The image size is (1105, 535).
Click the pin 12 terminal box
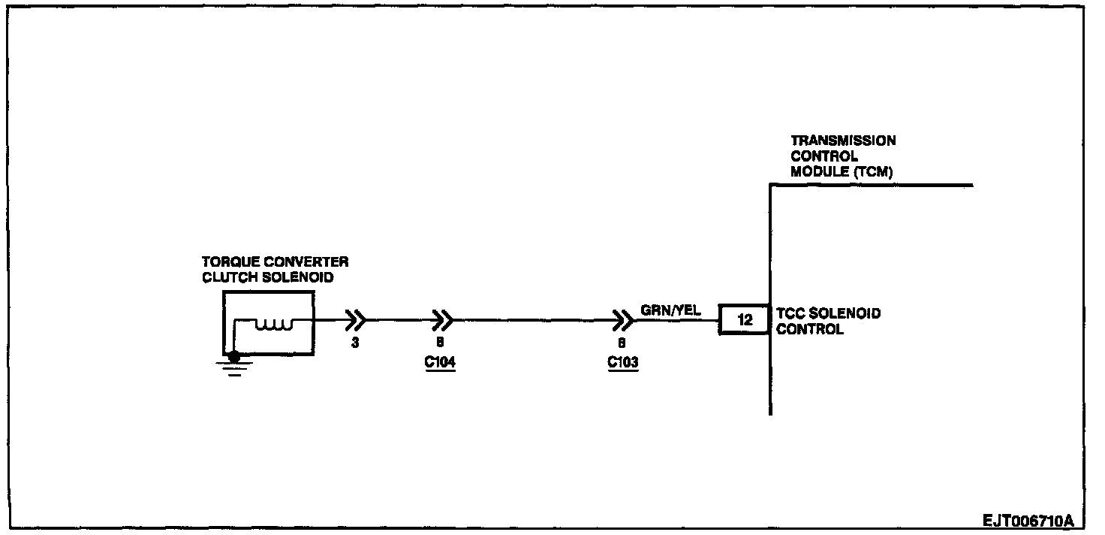tap(745, 320)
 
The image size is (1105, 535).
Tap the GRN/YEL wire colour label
tap(670, 310)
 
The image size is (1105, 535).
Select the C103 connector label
tap(622, 362)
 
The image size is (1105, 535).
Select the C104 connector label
tap(440, 362)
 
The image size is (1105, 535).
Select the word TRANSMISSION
tap(843, 141)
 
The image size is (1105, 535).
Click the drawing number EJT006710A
tap(1028, 521)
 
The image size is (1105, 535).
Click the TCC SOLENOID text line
tap(828, 313)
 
